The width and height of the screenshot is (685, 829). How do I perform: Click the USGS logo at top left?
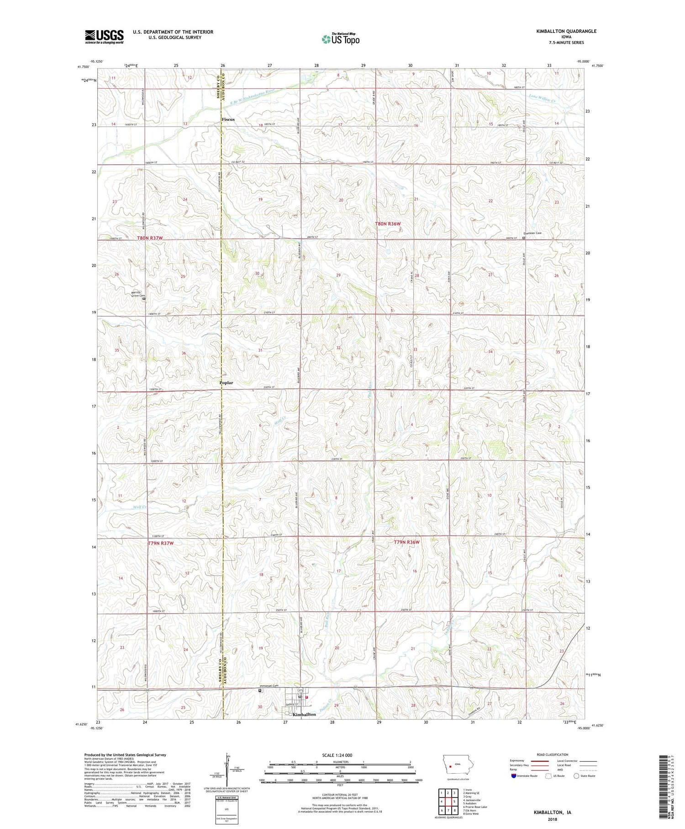104,37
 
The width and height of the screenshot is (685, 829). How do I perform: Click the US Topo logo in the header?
341,39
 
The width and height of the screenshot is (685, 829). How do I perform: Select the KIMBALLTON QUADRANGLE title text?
560,31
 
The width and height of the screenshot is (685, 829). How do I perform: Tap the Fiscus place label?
228,119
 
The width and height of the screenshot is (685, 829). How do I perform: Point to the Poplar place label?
226,383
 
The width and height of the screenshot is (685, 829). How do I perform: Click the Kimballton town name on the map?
304,714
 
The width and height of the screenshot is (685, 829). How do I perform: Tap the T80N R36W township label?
388,224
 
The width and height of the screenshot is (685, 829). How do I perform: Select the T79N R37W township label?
161,543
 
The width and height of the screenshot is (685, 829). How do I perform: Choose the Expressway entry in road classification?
519,761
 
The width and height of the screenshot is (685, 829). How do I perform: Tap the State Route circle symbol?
576,776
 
